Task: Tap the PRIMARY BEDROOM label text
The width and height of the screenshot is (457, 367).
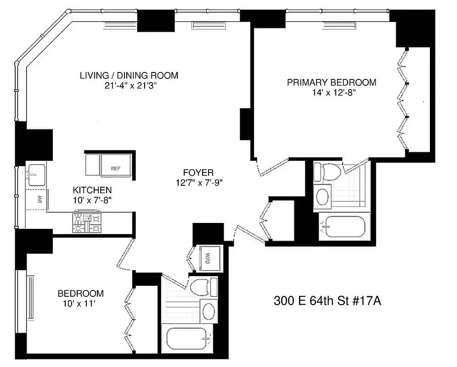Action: (x=331, y=83)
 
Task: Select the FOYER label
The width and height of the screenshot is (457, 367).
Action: (x=198, y=173)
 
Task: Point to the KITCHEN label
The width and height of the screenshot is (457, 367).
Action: (x=92, y=190)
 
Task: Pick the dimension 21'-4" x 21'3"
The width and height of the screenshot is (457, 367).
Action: (x=134, y=85)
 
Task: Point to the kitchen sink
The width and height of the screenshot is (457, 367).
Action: (x=36, y=174)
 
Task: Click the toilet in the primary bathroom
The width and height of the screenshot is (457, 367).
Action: (x=327, y=172)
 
